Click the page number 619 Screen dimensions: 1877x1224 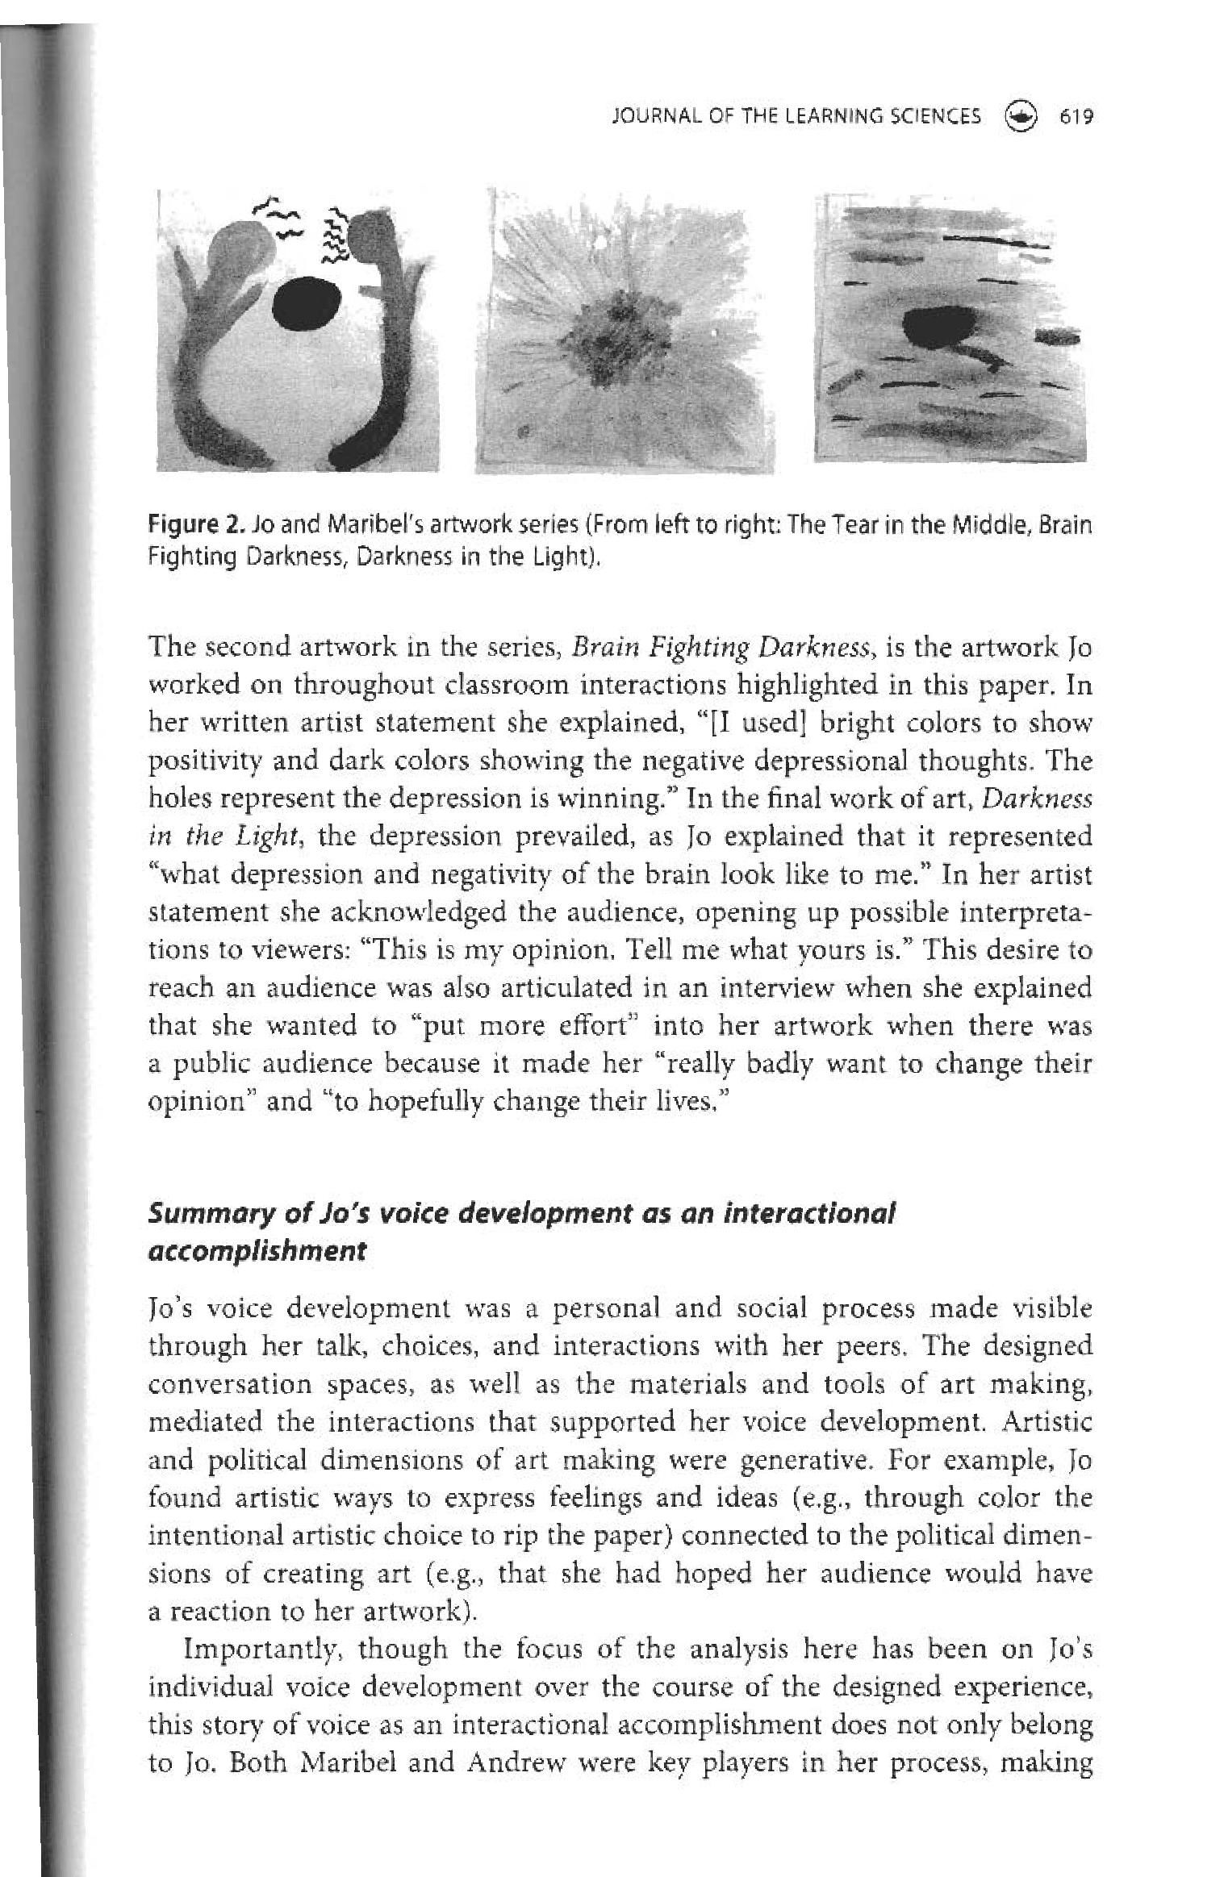pyautogui.click(x=1076, y=117)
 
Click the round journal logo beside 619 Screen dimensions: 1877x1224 pyautogui.click(x=1021, y=117)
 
